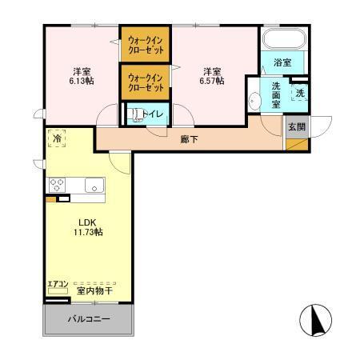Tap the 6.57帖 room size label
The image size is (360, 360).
(x=212, y=80)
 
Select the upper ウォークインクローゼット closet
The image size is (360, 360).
(x=146, y=45)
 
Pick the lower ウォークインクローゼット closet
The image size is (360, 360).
(x=146, y=82)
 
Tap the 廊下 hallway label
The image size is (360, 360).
(x=190, y=139)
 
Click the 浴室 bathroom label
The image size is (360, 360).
(x=282, y=62)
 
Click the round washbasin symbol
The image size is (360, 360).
(x=254, y=101)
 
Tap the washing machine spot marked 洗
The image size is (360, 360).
(x=300, y=93)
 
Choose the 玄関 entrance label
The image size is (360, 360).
(x=297, y=126)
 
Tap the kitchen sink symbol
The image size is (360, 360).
(x=94, y=189)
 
